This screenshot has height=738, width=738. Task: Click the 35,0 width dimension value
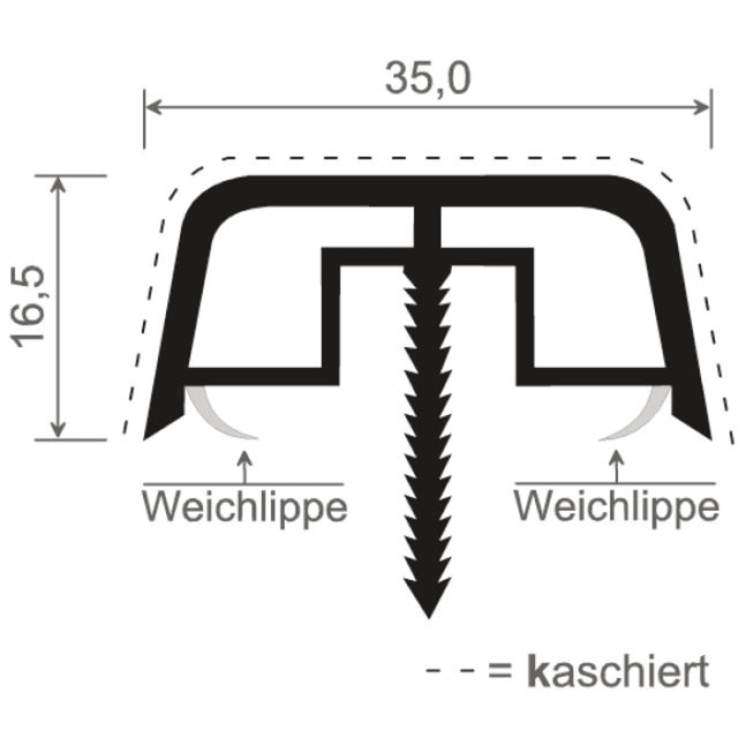[428, 78]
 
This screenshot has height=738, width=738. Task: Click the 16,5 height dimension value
[29, 306]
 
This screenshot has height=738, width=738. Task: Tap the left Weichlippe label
[244, 508]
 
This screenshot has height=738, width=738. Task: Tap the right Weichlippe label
[616, 508]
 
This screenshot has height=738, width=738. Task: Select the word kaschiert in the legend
[618, 671]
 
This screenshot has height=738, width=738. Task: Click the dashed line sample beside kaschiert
[449, 671]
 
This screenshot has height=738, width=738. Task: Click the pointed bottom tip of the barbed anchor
[429, 618]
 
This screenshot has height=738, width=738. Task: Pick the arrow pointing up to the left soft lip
[244, 467]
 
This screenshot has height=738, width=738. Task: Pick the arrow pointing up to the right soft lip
[616, 467]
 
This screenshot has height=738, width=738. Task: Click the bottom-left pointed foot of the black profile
[144, 439]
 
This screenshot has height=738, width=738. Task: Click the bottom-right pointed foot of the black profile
[710, 439]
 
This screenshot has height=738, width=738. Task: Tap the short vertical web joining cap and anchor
[427, 227]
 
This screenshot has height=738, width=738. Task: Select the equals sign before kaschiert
[500, 671]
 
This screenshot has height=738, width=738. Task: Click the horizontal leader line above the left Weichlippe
[244, 483]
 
